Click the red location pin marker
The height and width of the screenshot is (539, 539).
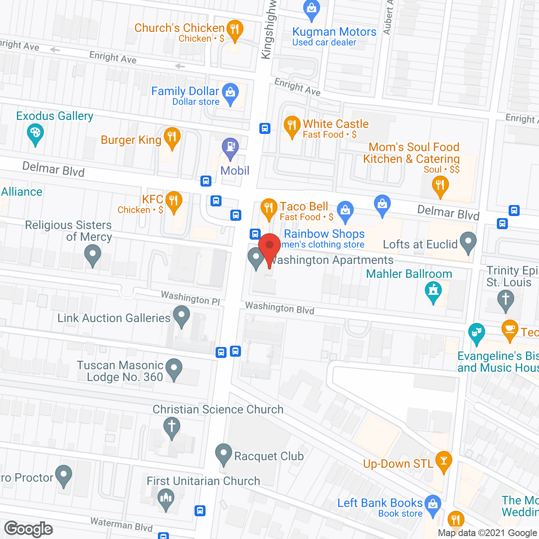(269, 246)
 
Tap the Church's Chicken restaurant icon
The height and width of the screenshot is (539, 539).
(235, 29)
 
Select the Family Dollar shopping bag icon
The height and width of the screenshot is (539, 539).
(230, 93)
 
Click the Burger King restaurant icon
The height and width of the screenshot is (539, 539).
(172, 137)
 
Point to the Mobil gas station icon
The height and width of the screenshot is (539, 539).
(230, 147)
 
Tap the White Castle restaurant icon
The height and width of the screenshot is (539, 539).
(291, 125)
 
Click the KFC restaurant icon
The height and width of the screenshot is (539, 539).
(173, 201)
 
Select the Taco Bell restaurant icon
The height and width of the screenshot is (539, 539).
(269, 208)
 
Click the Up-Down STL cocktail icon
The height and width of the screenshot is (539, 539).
(443, 460)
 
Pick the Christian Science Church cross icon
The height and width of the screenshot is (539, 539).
(171, 426)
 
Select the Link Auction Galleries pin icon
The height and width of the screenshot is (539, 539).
(181, 315)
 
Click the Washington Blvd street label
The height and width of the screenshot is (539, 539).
(280, 308)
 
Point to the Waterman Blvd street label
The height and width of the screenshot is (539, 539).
(121, 525)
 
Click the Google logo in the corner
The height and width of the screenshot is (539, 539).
(29, 529)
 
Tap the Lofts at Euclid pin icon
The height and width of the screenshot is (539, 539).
(468, 242)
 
